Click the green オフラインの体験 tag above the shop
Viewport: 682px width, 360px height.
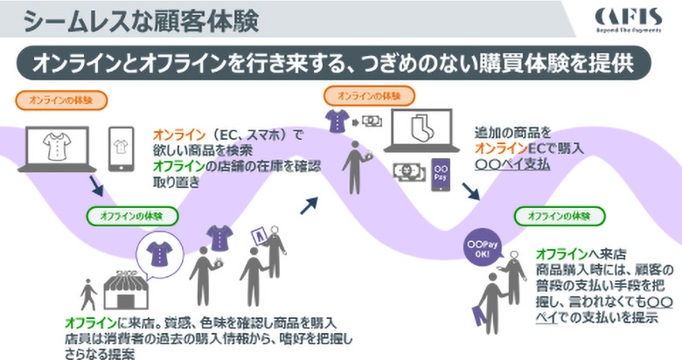pyautogui.click(x=135, y=215)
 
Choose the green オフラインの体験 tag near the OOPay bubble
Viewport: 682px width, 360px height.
pyautogui.click(x=562, y=215)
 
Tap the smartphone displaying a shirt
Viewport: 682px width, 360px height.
pyautogui.click(x=122, y=149)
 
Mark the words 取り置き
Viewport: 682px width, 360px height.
pyautogui.click(x=177, y=181)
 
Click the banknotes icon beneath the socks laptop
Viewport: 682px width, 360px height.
pyautogui.click(x=407, y=170)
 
